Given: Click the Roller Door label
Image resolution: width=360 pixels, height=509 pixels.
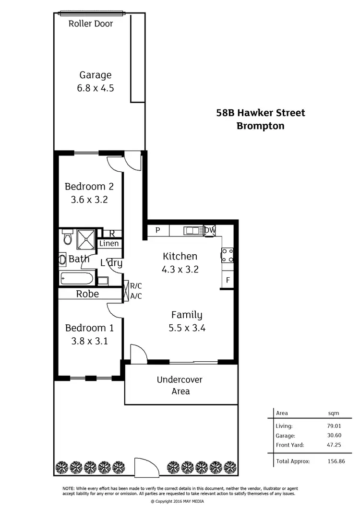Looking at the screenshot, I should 91,24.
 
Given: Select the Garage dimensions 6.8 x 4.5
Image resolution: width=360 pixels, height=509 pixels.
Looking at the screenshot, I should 96,88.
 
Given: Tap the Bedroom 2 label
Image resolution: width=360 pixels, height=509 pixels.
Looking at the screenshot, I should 89,187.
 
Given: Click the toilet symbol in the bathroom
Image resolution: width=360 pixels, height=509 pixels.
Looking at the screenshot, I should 67,237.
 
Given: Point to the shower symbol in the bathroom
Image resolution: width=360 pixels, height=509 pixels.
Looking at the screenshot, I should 86,237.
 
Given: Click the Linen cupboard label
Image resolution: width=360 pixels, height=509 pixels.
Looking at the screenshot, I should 109,244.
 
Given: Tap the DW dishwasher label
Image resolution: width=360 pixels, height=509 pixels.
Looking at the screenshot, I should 210,230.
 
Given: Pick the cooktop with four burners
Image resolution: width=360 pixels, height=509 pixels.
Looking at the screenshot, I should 227,255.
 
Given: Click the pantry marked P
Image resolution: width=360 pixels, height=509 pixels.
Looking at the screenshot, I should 157,231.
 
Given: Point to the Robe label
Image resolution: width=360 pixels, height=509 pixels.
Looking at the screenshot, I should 87,294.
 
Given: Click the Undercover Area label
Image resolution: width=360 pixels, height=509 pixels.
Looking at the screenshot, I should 180,385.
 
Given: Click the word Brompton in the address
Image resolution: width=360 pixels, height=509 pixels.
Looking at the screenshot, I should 261,126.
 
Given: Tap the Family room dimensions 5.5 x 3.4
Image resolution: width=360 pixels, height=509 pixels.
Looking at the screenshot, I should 187,329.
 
